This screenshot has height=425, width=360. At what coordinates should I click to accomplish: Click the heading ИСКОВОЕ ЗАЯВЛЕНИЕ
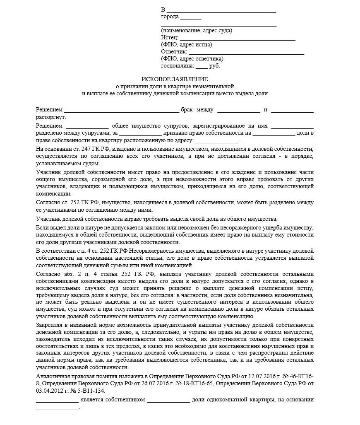pos(175,79)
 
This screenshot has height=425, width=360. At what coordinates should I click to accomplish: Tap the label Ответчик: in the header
pos(174,52)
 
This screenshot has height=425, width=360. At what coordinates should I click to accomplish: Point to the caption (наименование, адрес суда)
pos(197,30)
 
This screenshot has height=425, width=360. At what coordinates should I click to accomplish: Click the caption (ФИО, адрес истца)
pos(187,45)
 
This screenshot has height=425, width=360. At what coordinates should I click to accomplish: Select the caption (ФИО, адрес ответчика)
pos(192,58)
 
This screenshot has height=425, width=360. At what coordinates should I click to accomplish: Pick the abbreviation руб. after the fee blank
pos(215,65)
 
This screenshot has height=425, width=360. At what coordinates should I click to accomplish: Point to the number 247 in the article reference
pos(83,149)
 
